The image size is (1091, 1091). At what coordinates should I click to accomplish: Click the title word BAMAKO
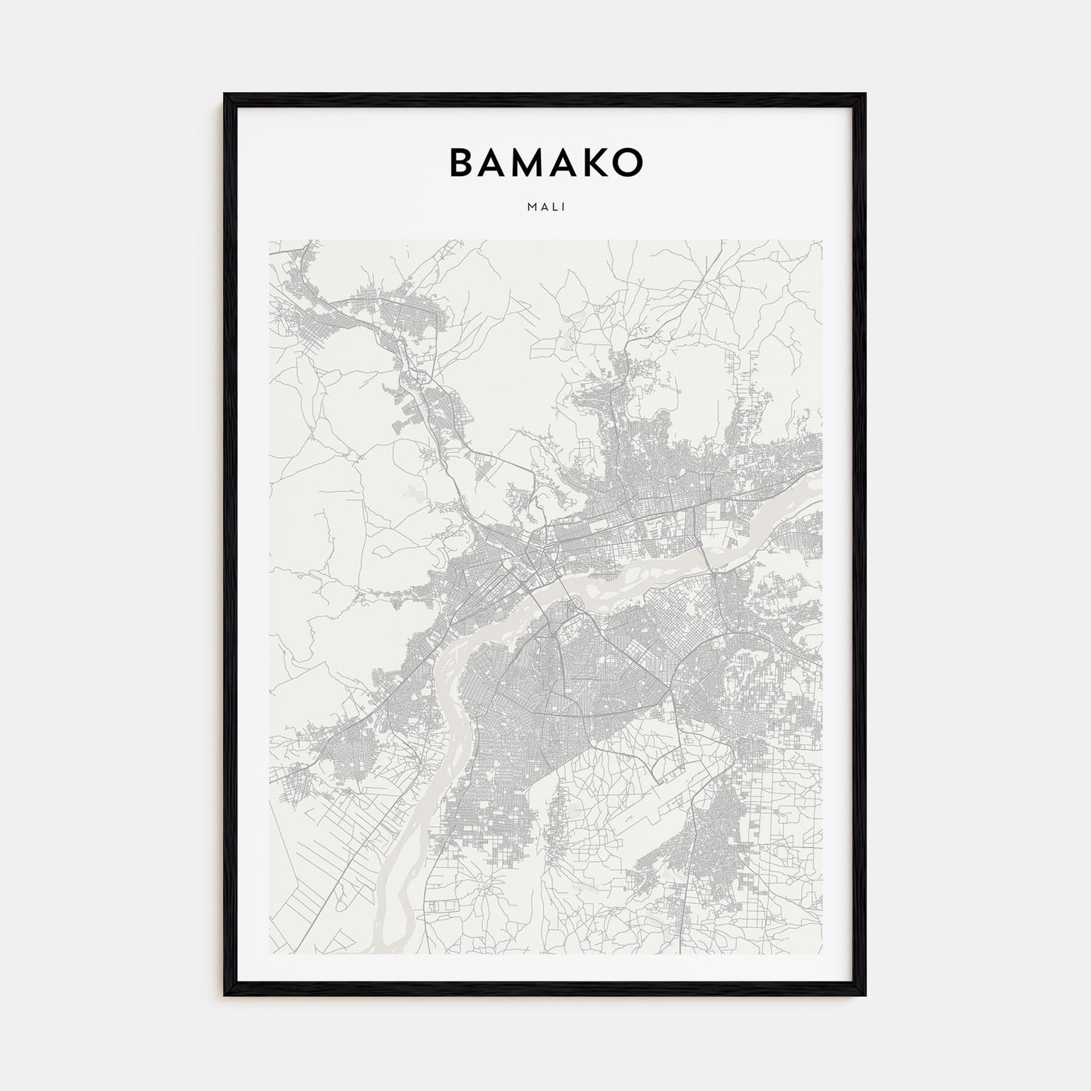coord(545,161)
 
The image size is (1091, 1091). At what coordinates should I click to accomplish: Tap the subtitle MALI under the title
coord(545,207)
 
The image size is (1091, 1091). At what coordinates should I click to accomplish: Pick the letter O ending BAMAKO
coord(629,161)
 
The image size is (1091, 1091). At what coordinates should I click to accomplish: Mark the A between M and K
coord(566,161)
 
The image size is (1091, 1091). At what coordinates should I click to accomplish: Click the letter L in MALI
coord(554,207)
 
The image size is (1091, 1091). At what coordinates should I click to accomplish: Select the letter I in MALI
coord(563,207)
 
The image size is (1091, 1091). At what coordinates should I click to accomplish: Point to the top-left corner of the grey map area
coord(270,240)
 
